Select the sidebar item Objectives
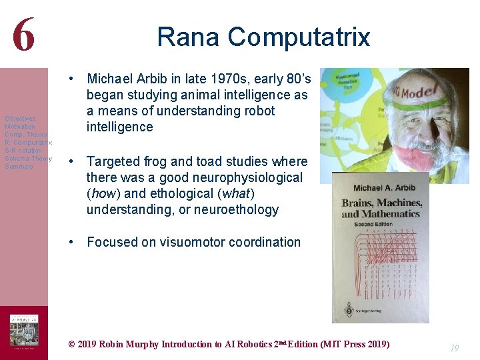20,119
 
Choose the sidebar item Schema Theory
28,159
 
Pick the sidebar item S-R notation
23,151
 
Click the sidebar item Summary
19,167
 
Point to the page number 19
454,348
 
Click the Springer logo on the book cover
348,309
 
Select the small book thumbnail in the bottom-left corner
24,331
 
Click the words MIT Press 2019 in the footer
355,344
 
